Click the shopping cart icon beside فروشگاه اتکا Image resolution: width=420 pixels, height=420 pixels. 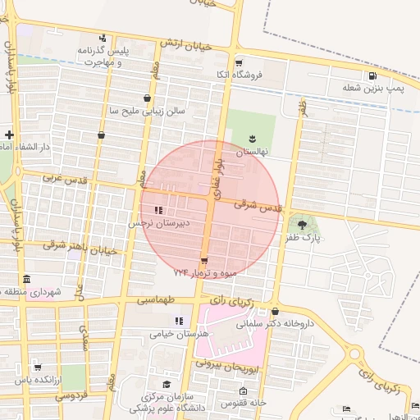238,62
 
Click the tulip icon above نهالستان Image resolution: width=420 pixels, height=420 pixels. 253,138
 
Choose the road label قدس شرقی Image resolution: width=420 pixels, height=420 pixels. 258,207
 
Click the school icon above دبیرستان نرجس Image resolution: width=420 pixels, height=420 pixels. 158,211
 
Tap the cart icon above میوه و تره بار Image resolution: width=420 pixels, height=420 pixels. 203,261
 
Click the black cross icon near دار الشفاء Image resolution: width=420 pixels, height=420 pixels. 8,134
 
